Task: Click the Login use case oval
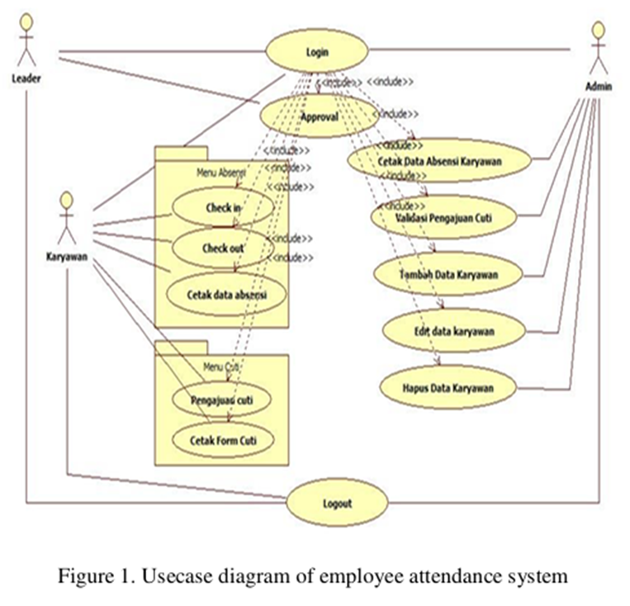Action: click(317, 52)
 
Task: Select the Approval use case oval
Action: click(319, 116)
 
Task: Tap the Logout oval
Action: click(337, 502)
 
